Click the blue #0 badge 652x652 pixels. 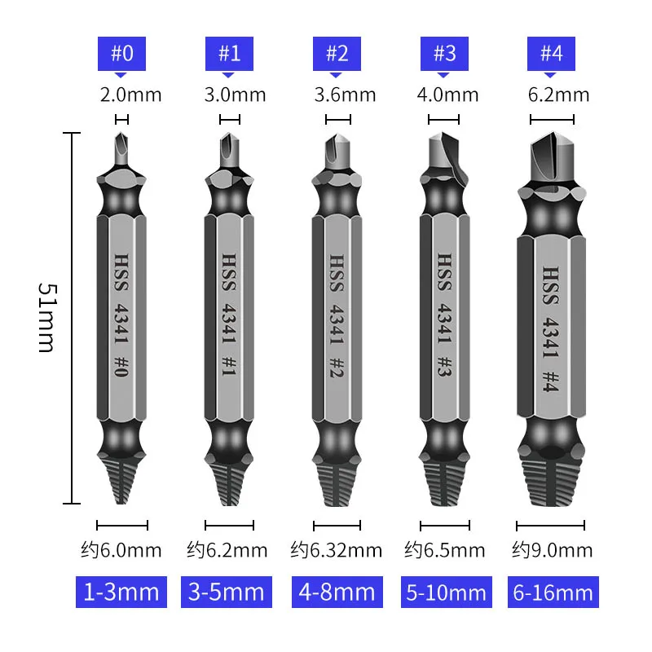point(121,54)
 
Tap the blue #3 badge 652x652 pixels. point(444,54)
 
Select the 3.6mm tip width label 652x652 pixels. point(345,95)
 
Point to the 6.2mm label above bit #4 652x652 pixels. point(558,95)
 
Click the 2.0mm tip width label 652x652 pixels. point(130,95)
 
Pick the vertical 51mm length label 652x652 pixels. point(47,318)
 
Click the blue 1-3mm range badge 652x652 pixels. point(121,592)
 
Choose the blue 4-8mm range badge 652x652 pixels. point(337,592)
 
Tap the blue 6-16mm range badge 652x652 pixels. point(553,592)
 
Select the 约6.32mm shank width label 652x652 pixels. point(337,550)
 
